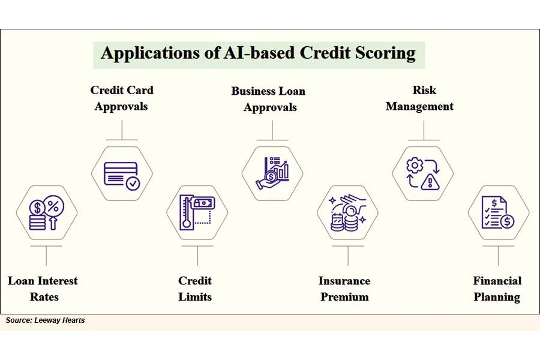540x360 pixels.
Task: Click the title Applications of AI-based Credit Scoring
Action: (x=258, y=53)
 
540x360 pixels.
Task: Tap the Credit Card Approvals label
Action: (x=122, y=98)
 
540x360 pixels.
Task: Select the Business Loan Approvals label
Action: (x=269, y=99)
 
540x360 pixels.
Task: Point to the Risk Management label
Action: (x=420, y=98)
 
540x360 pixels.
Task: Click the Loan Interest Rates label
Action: (x=43, y=289)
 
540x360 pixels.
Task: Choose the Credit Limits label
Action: (x=195, y=289)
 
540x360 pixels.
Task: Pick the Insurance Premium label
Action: (x=344, y=289)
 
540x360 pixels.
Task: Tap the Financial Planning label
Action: (x=497, y=289)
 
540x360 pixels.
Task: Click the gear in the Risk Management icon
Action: (x=415, y=166)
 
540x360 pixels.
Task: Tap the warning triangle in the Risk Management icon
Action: (x=430, y=182)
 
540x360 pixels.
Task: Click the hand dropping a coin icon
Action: (x=349, y=213)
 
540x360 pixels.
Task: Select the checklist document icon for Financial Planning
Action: (x=498, y=213)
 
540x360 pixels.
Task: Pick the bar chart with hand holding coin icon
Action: (x=272, y=173)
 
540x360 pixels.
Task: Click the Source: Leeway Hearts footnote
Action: (x=45, y=320)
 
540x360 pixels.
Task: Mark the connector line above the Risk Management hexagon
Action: (x=424, y=131)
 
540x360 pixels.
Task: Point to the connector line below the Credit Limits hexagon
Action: (x=197, y=255)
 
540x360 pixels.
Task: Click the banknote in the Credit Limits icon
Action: (x=203, y=203)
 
